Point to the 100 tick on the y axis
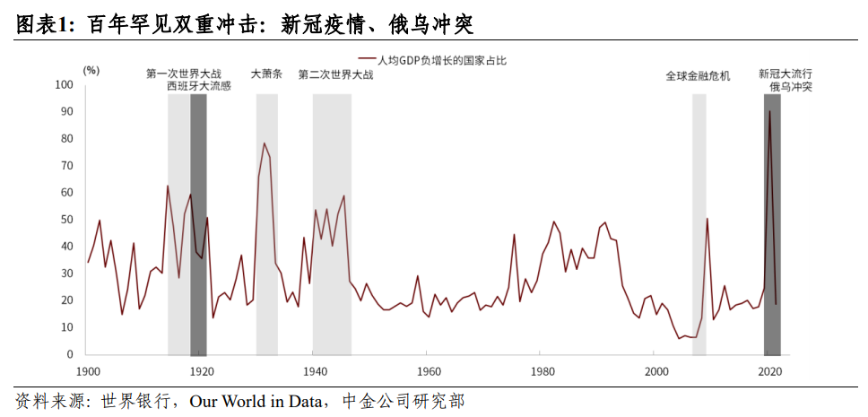click(x=63, y=85)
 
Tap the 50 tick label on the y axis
click(x=65, y=220)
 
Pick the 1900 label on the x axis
click(x=88, y=370)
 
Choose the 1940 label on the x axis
click(x=315, y=370)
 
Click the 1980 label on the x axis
click(x=542, y=370)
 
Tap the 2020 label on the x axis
click(x=768, y=370)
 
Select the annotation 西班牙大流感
click(x=199, y=87)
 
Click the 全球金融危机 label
click(x=698, y=76)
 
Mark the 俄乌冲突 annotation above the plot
click(x=791, y=87)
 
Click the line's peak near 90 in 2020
click(x=769, y=111)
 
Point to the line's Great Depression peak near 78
click(x=264, y=143)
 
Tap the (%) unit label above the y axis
click(x=91, y=69)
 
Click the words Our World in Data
click(x=259, y=401)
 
